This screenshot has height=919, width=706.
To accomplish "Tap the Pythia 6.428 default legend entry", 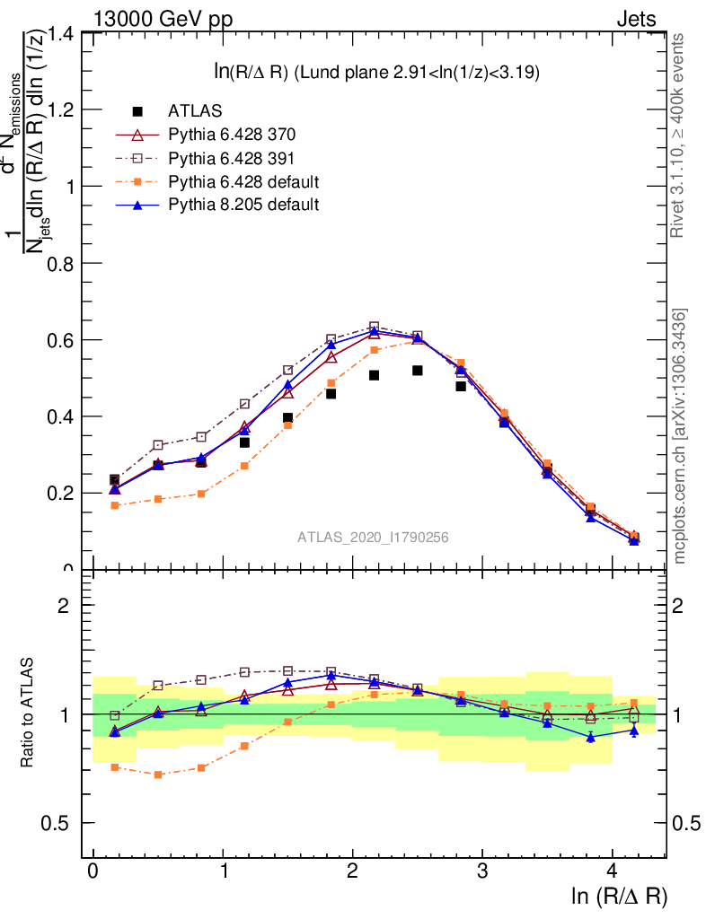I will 243,181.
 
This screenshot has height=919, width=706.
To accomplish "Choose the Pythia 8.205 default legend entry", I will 243,205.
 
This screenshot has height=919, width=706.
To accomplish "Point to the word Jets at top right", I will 635,19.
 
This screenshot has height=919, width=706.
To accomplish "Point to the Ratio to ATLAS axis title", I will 30,714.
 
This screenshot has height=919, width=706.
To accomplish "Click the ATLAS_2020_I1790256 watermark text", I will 373,537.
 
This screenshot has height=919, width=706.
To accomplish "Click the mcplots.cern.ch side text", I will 681,436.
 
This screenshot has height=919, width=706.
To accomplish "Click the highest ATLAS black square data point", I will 418,370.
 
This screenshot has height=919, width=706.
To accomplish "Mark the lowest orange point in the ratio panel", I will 158,775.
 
